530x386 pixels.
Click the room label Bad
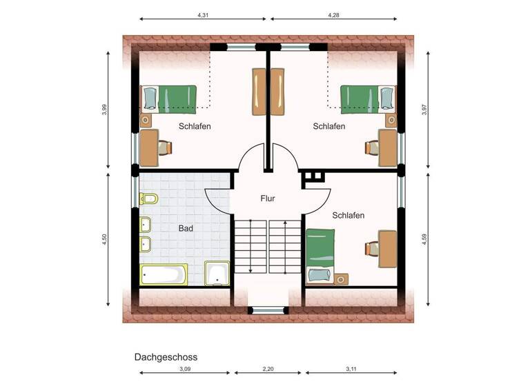pos(186,228)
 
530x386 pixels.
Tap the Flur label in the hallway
pos(268,199)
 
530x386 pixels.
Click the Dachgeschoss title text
pos(166,357)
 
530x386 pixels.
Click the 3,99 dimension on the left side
pos(104,109)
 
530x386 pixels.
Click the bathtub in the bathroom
pos(164,274)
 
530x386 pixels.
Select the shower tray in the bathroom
pos(217,273)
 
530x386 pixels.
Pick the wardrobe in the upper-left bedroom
pos(259,92)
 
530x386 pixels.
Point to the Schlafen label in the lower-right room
pos(348,215)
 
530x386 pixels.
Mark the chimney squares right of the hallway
pos(314,176)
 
